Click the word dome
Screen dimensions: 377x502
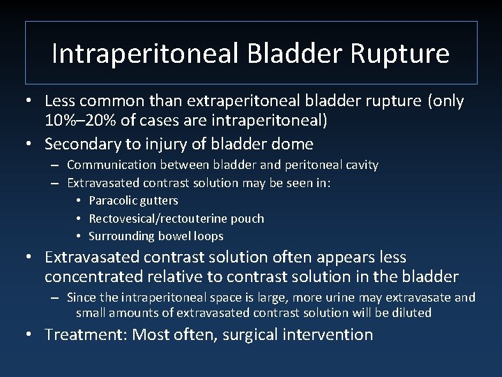[x=294, y=144]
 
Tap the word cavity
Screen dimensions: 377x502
[x=359, y=165]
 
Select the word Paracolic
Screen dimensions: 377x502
[x=112, y=201]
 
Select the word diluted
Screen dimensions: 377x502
[x=410, y=313]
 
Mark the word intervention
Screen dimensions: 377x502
[x=329, y=334]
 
